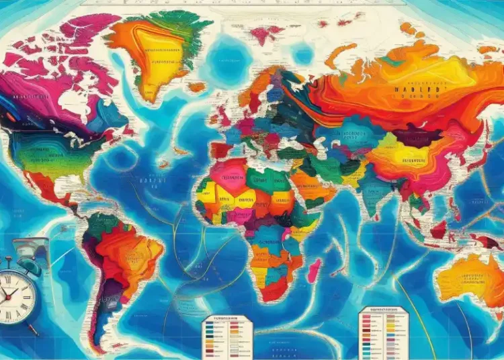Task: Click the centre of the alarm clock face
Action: click(x=15, y=294)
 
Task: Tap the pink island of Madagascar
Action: click(x=313, y=270)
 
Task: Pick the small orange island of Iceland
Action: click(x=196, y=87)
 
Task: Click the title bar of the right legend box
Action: click(x=384, y=310)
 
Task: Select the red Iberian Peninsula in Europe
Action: click(x=221, y=149)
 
